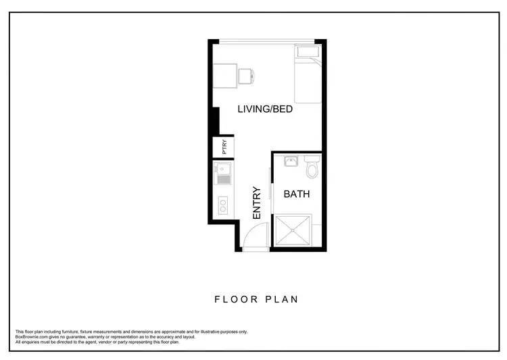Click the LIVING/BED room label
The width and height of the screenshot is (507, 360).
(264, 109)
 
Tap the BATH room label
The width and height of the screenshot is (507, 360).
(296, 195)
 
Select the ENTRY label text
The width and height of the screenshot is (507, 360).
(257, 202)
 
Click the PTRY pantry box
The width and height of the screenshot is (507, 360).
(224, 147)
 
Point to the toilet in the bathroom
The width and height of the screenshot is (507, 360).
(312, 167)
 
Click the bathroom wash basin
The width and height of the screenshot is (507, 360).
(291, 161)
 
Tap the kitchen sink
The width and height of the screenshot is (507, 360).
(223, 174)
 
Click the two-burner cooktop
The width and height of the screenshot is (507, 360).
(223, 204)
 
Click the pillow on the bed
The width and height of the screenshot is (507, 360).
(308, 53)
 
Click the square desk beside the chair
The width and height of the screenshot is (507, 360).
(226, 75)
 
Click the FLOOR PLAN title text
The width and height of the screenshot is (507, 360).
(256, 299)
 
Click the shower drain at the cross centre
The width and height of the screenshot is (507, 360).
(293, 230)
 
